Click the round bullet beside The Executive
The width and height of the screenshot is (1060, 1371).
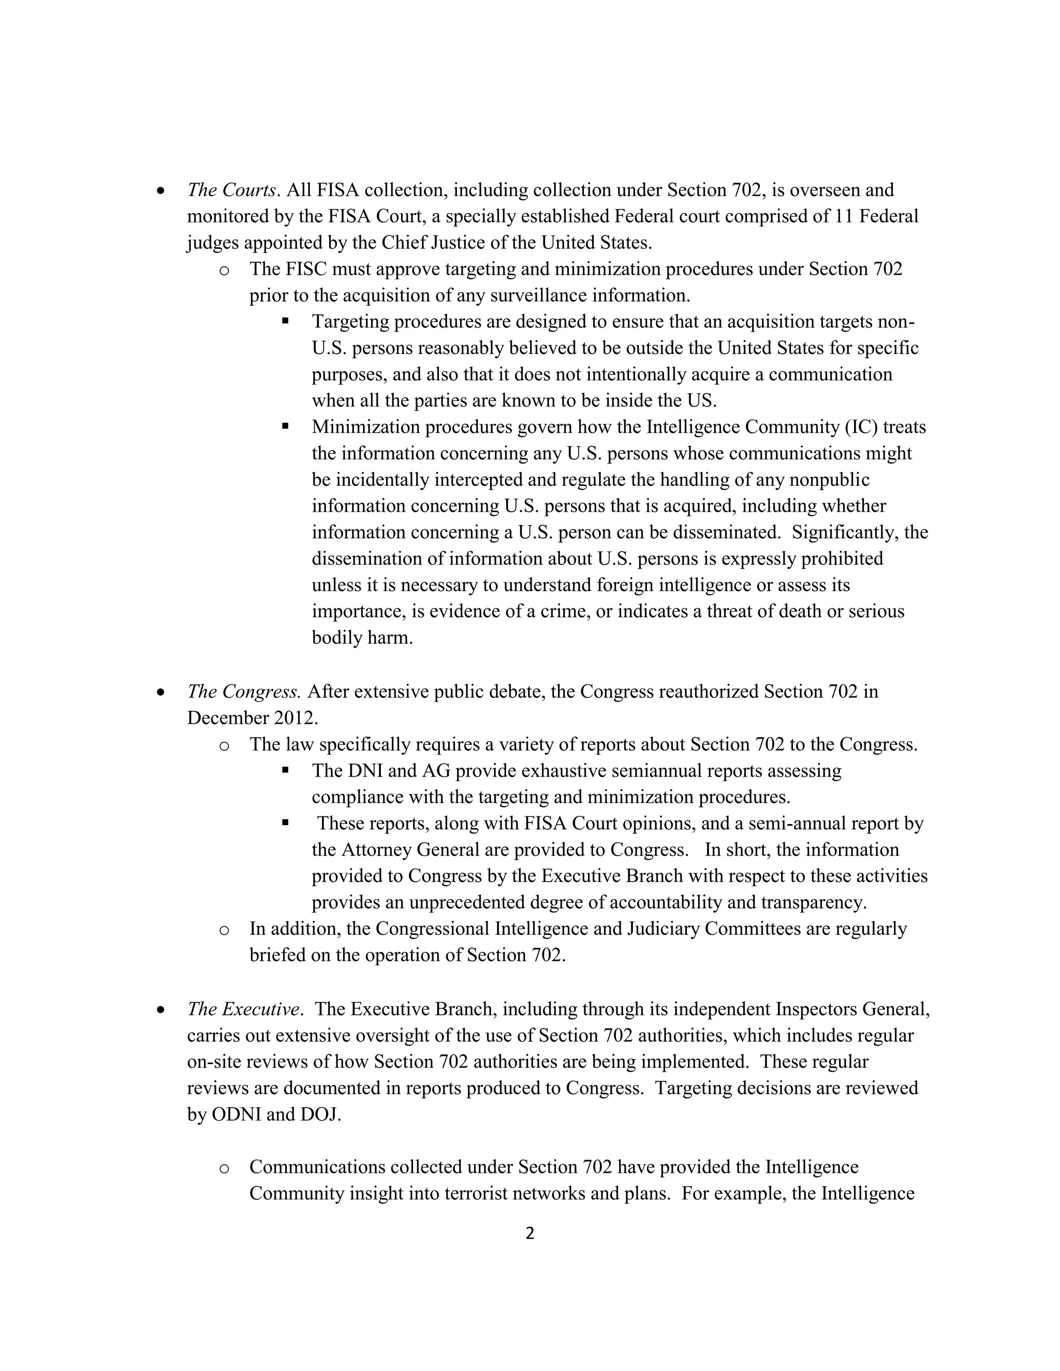click(161, 1010)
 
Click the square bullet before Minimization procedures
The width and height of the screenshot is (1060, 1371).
click(285, 426)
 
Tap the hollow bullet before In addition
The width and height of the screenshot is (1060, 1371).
click(224, 930)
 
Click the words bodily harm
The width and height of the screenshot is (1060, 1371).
click(362, 638)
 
